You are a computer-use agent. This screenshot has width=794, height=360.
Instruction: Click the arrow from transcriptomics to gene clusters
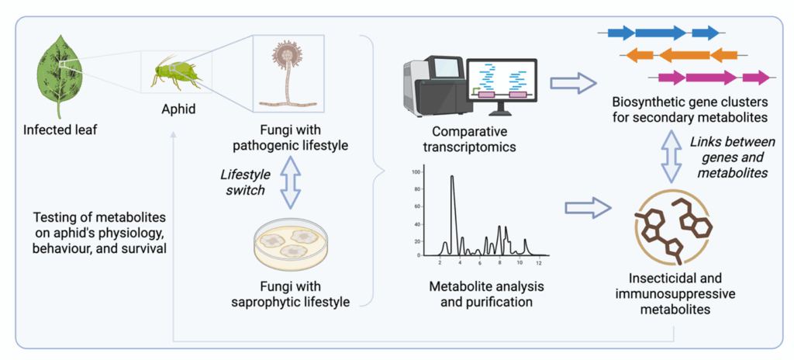(x=574, y=83)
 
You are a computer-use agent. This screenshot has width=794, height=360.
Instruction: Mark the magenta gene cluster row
(x=713, y=77)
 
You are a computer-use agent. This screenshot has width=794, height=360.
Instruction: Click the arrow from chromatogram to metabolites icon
(x=586, y=207)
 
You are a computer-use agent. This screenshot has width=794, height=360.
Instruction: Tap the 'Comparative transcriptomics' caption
(x=475, y=138)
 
